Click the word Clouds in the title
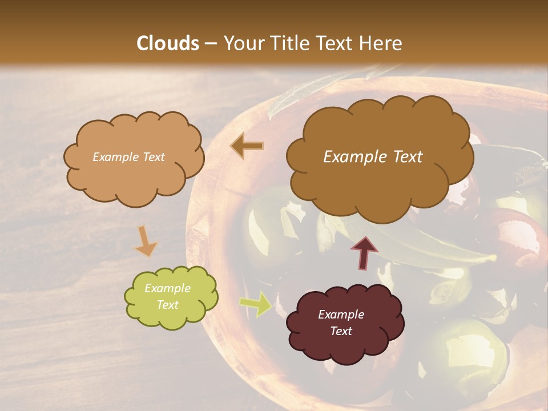(168, 43)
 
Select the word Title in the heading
(287, 43)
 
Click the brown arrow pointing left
(247, 146)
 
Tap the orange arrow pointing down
(146, 241)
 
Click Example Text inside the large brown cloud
(373, 157)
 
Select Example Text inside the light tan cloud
(128, 157)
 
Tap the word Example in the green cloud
(167, 288)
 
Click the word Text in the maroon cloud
(341, 331)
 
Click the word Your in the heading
(242, 43)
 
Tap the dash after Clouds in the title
(211, 43)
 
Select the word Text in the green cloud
(167, 305)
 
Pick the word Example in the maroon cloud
(341, 315)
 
